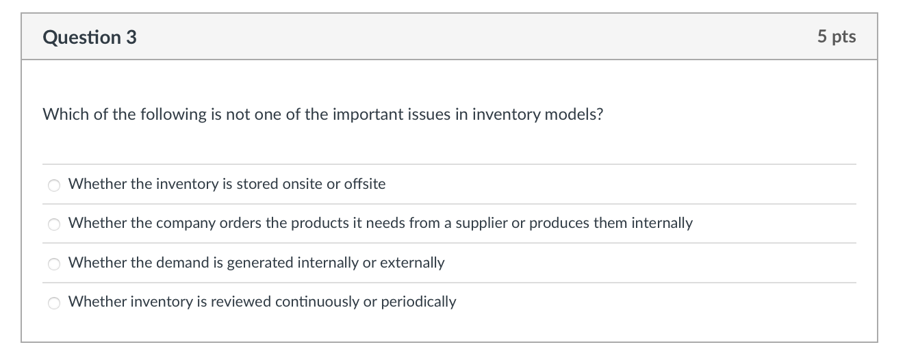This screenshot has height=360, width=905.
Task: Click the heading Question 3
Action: click(x=90, y=37)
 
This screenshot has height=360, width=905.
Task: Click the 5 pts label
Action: click(x=837, y=37)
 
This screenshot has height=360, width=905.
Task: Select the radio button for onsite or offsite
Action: click(x=54, y=185)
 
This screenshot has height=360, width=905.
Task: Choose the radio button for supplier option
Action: click(x=54, y=224)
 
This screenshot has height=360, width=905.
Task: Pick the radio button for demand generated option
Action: click(x=54, y=263)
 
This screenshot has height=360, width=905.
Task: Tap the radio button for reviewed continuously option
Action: click(x=54, y=303)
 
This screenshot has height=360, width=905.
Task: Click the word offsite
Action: click(x=365, y=184)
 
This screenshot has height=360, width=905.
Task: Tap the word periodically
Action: click(x=418, y=302)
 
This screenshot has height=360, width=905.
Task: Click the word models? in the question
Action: click(x=574, y=114)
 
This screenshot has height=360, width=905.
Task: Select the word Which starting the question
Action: click(x=66, y=114)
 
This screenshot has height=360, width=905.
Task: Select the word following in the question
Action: click(x=173, y=115)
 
